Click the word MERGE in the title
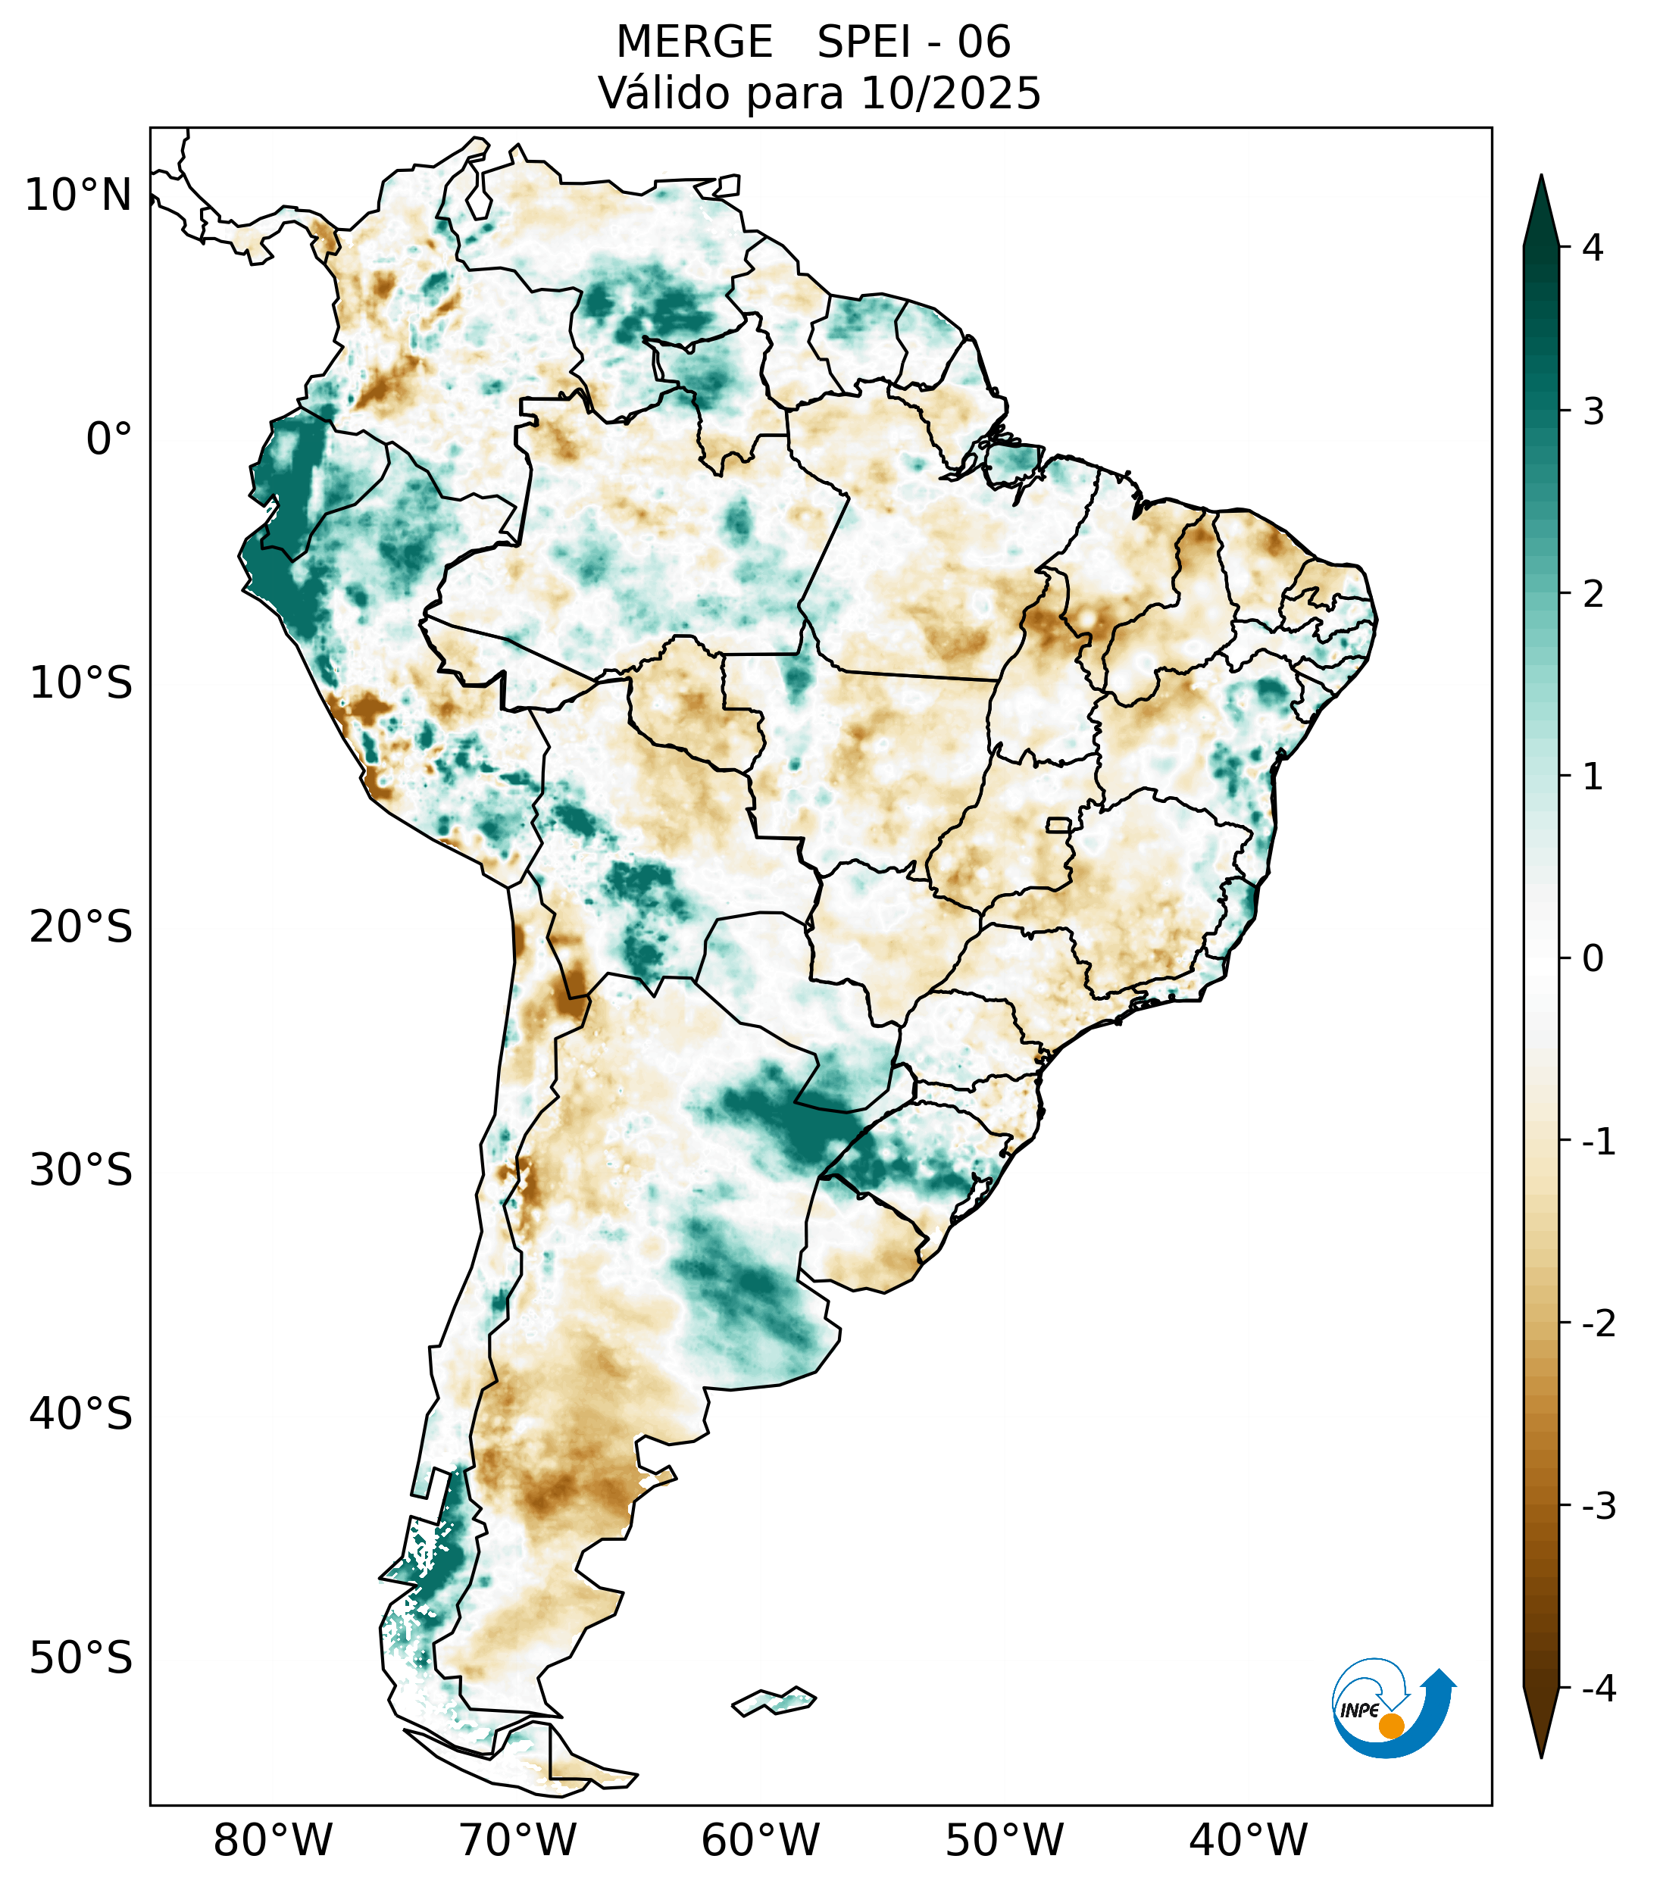[694, 42]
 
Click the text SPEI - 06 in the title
[914, 42]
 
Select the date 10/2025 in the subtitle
[951, 93]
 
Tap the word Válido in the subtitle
[663, 93]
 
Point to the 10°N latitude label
[79, 195]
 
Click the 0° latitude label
[109, 439]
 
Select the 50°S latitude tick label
[81, 1659]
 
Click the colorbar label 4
[1593, 248]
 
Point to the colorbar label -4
[1598, 1689]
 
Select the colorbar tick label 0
[1593, 959]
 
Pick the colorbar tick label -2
[1598, 1324]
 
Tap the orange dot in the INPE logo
[1390, 1726]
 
